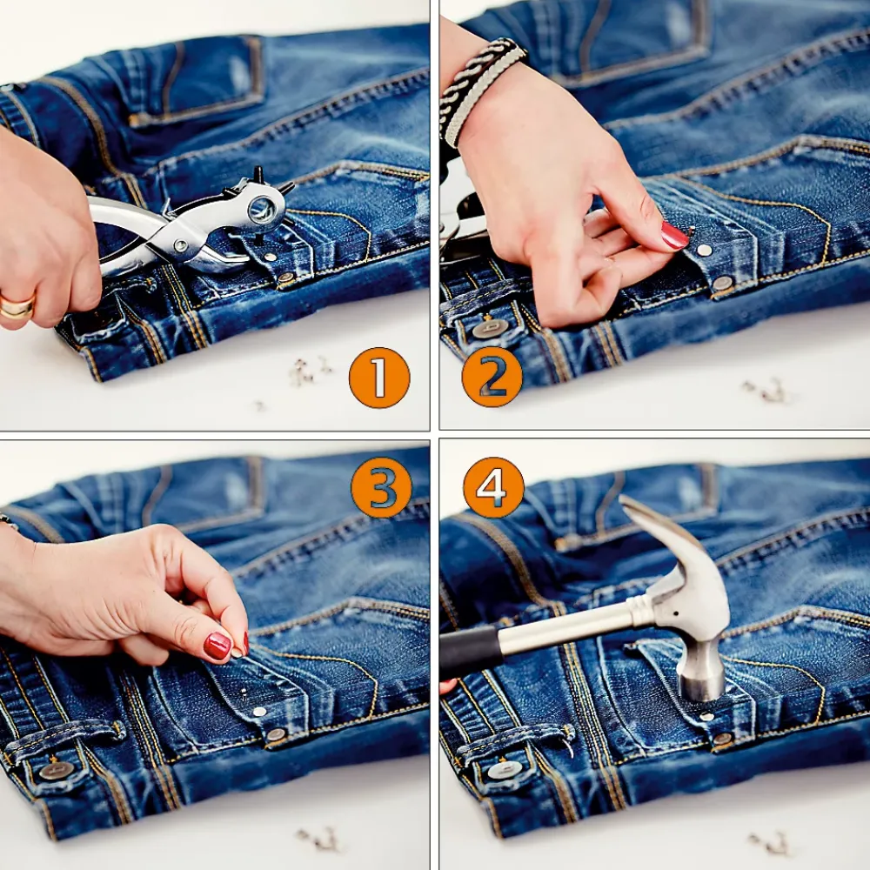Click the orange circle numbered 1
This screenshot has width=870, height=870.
coord(379,378)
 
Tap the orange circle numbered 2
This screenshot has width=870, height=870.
coord(492,378)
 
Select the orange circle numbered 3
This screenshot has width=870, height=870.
coord(381,488)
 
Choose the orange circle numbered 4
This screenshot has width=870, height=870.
coord(493,488)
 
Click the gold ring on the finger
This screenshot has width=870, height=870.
coord(17,306)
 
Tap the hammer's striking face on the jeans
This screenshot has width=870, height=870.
coord(701,688)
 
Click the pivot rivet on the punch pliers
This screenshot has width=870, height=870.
coord(180,244)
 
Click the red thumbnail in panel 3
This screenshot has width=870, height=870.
coord(217,646)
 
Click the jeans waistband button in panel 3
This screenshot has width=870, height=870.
coord(56,770)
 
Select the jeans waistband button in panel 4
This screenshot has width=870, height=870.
coord(505,770)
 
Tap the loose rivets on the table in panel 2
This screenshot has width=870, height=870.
coord(766,391)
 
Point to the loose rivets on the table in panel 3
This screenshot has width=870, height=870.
coord(319,839)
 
